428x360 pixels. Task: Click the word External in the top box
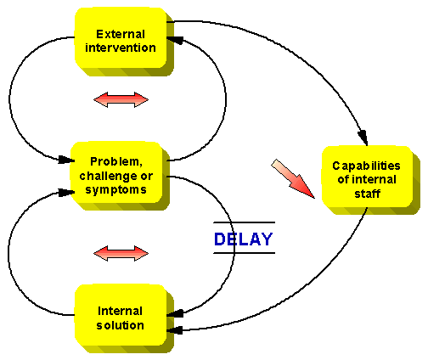click(121, 34)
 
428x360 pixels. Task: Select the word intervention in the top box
click(121, 48)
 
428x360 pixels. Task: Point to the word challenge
click(109, 176)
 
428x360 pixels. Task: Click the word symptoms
click(116, 189)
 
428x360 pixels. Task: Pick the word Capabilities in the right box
click(366, 166)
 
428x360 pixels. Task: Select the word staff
click(367, 194)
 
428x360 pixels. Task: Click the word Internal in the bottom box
click(120, 311)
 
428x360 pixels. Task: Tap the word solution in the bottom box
click(120, 325)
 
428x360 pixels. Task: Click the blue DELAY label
click(244, 239)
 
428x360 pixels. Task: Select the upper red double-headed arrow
click(121, 99)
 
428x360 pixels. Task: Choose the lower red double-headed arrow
click(121, 253)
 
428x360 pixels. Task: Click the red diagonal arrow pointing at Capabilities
click(293, 179)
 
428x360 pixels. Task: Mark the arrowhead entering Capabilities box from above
click(363, 138)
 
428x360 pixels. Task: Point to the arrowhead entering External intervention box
click(175, 40)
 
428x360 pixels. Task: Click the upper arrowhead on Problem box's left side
click(66, 160)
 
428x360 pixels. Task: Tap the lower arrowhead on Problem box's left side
click(66, 193)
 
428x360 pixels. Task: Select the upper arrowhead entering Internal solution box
click(175, 313)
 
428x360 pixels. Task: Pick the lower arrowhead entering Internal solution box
click(175, 330)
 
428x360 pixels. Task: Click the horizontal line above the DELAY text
click(244, 222)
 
